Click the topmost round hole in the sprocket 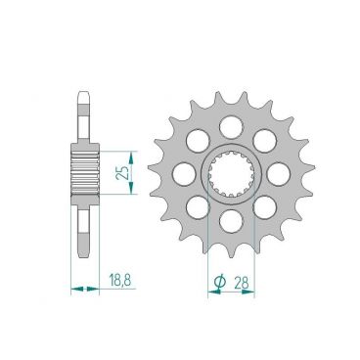[x=231, y=124]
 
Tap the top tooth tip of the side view [x=85, y=96]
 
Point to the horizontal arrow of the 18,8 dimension [x=85, y=290]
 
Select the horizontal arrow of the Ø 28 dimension [x=231, y=290]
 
